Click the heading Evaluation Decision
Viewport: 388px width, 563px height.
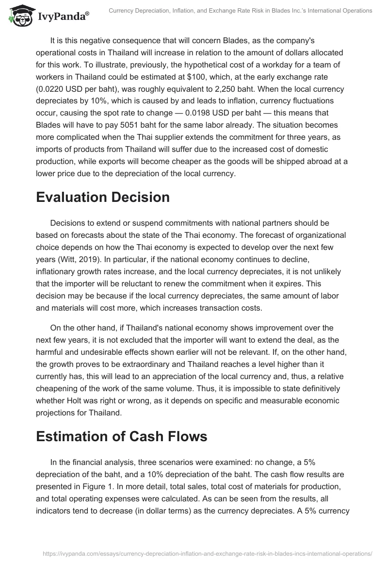point(103,197)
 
